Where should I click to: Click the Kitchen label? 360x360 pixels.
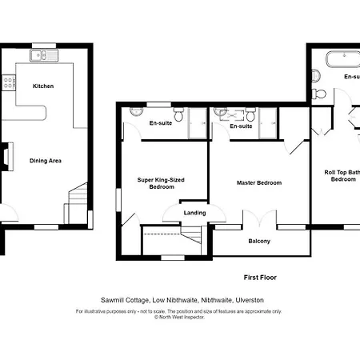click(43, 86)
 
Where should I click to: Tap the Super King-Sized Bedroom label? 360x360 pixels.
click(161, 183)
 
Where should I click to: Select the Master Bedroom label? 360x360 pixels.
click(258, 183)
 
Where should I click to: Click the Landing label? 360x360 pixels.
click(194, 212)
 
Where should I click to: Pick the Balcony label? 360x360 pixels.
click(259, 241)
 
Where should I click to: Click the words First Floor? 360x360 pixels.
click(260, 278)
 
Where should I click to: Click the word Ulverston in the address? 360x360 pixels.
click(248, 300)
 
